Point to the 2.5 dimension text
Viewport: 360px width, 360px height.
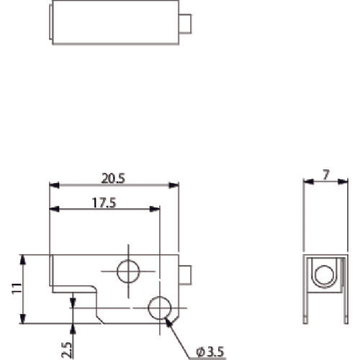(66, 348)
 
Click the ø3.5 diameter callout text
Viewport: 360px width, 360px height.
(210, 351)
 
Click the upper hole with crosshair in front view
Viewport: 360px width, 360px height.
(129, 271)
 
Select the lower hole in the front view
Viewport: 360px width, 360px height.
(159, 308)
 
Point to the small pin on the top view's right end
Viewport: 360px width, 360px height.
(186, 24)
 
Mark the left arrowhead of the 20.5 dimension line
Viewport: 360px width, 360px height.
(53, 185)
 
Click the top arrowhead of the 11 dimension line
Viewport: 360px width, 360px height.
(23, 258)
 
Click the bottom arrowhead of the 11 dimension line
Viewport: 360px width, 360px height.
(23, 322)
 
